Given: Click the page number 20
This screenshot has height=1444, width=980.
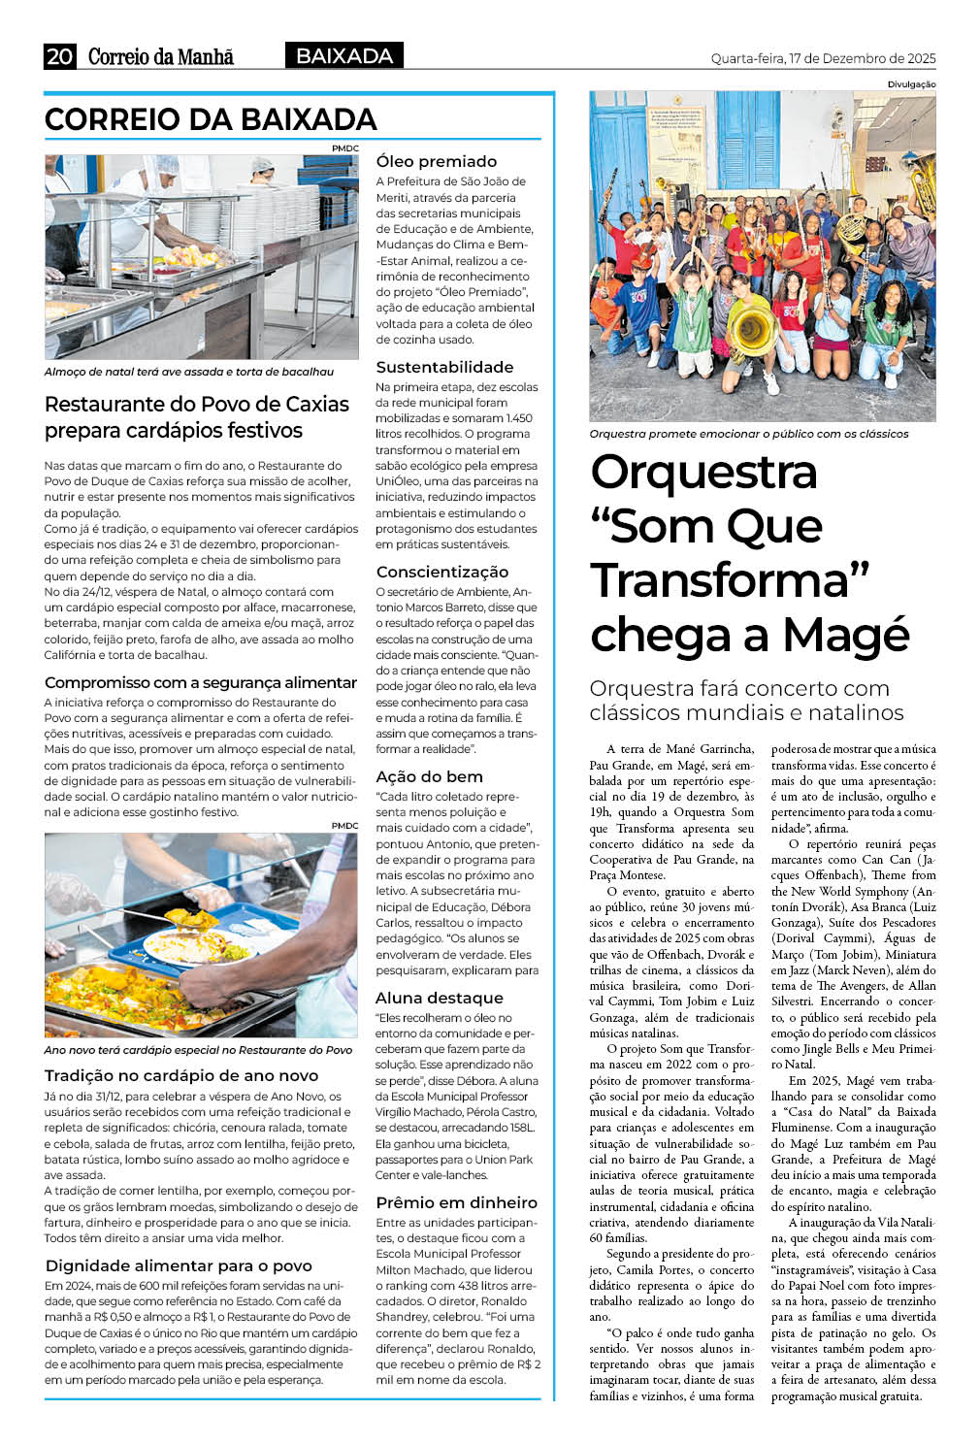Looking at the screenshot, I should pos(59,56).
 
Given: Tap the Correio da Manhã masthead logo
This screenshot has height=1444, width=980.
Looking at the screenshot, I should pos(160,56).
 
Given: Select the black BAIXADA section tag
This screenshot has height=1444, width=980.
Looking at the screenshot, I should pos(343,56).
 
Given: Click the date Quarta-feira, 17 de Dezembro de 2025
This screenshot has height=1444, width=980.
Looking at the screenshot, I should pos(823,58).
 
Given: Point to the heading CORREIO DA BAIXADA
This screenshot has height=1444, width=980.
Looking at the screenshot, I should pos(211,119).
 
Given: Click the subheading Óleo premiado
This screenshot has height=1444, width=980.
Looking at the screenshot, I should pos(436,161).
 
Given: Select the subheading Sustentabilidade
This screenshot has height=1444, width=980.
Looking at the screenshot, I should pos(444,367).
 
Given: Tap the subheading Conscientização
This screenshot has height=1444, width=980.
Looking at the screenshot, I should pos(441,572).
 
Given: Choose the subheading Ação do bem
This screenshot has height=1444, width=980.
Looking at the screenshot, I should pos(429,776).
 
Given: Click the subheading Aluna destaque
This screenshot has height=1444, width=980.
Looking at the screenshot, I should pos(439,998).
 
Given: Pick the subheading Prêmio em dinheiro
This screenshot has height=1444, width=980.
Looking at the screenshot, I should pos(456,1202).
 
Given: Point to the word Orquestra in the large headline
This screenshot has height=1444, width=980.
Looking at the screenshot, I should pos(703,473).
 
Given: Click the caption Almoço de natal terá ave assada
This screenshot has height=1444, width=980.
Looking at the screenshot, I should pos(189,372).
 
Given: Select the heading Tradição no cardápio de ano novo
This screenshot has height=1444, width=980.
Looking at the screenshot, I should pos(181,1075).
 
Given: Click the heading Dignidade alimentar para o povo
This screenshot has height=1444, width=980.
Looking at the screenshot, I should pos(179,1265).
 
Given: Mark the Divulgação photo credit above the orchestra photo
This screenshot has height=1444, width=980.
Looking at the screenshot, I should pos(911,84).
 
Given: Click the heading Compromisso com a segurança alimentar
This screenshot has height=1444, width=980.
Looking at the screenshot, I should pos(201,682).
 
